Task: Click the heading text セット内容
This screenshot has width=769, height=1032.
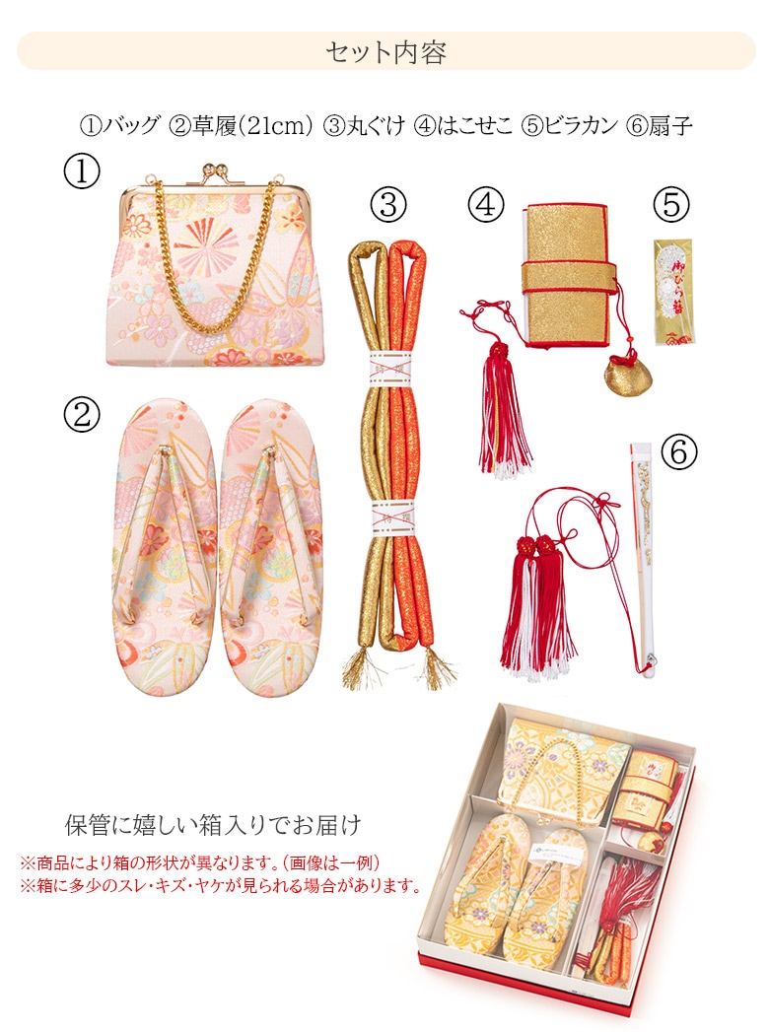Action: tap(385, 52)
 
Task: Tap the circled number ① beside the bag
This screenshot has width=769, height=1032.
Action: tap(82, 172)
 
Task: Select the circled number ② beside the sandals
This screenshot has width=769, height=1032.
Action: tap(82, 415)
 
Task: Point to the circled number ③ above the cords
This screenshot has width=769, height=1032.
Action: tap(388, 205)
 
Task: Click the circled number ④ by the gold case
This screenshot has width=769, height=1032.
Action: tap(486, 204)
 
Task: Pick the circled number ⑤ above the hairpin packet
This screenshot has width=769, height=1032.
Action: tap(671, 204)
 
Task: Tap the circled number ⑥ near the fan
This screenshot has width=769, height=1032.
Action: tap(679, 452)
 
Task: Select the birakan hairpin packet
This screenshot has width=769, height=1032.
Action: tap(672, 291)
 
